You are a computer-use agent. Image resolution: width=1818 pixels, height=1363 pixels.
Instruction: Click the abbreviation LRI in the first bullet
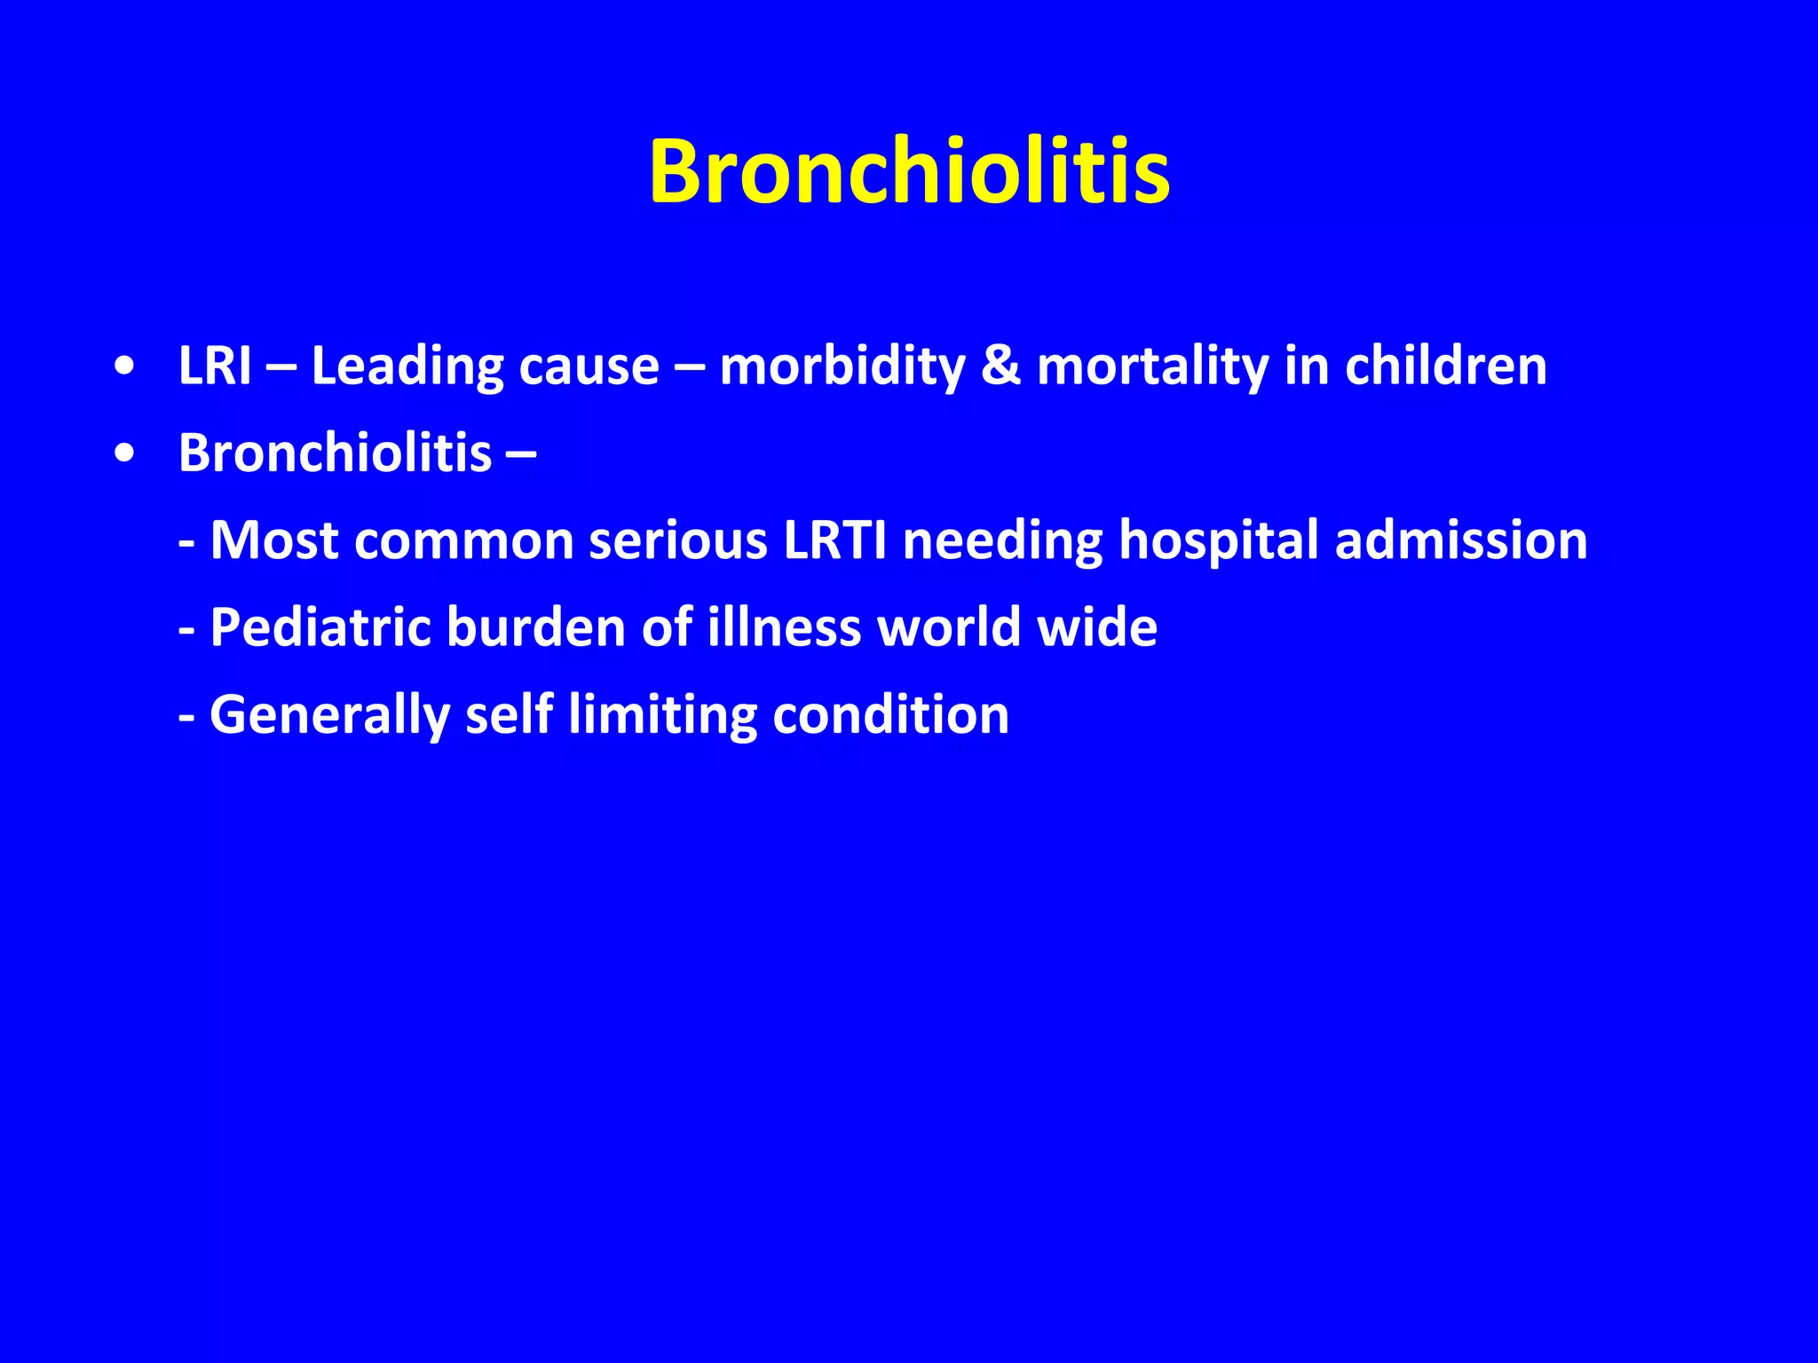click(215, 366)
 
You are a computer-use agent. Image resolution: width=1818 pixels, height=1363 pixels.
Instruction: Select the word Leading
click(407, 367)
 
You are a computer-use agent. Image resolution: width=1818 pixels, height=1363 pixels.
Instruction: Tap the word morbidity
click(842, 367)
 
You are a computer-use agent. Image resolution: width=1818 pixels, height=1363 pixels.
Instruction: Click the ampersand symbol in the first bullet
click(1000, 366)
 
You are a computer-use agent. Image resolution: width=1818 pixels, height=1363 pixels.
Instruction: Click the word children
click(1445, 366)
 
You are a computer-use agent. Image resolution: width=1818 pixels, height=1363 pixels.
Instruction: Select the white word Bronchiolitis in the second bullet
click(335, 453)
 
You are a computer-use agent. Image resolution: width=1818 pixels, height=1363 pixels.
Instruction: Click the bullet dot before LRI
click(125, 366)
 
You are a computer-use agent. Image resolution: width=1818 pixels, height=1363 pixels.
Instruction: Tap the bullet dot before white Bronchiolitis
click(125, 453)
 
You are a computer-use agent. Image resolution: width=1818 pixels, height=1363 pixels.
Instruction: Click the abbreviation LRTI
click(834, 540)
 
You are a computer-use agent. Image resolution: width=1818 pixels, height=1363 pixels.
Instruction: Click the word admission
click(1461, 540)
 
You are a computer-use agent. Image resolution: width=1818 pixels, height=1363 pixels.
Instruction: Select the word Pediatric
click(320, 627)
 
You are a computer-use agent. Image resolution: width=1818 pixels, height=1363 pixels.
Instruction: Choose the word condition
click(890, 714)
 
